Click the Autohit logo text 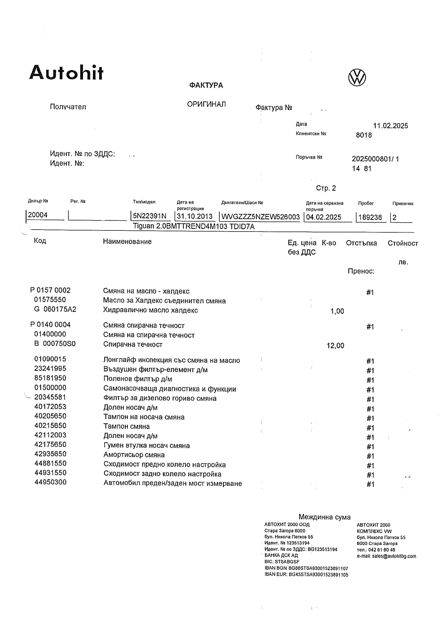[66, 73]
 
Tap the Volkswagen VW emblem [357, 77]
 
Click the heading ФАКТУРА [206, 85]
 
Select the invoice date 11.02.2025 [390, 126]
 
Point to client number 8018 [364, 135]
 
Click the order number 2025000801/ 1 [375, 159]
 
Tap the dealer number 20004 [38, 215]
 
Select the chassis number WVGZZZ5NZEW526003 [260, 217]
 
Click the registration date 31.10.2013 [194, 216]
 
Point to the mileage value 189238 [370, 217]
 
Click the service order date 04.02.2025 [324, 217]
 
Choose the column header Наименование [127, 242]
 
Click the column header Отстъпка [361, 243]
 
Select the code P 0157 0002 [50, 290]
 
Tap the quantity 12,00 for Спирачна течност [335, 346]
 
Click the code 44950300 [51, 482]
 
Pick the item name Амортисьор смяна [134, 455]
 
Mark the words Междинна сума [324, 517]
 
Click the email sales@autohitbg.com [394, 556]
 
